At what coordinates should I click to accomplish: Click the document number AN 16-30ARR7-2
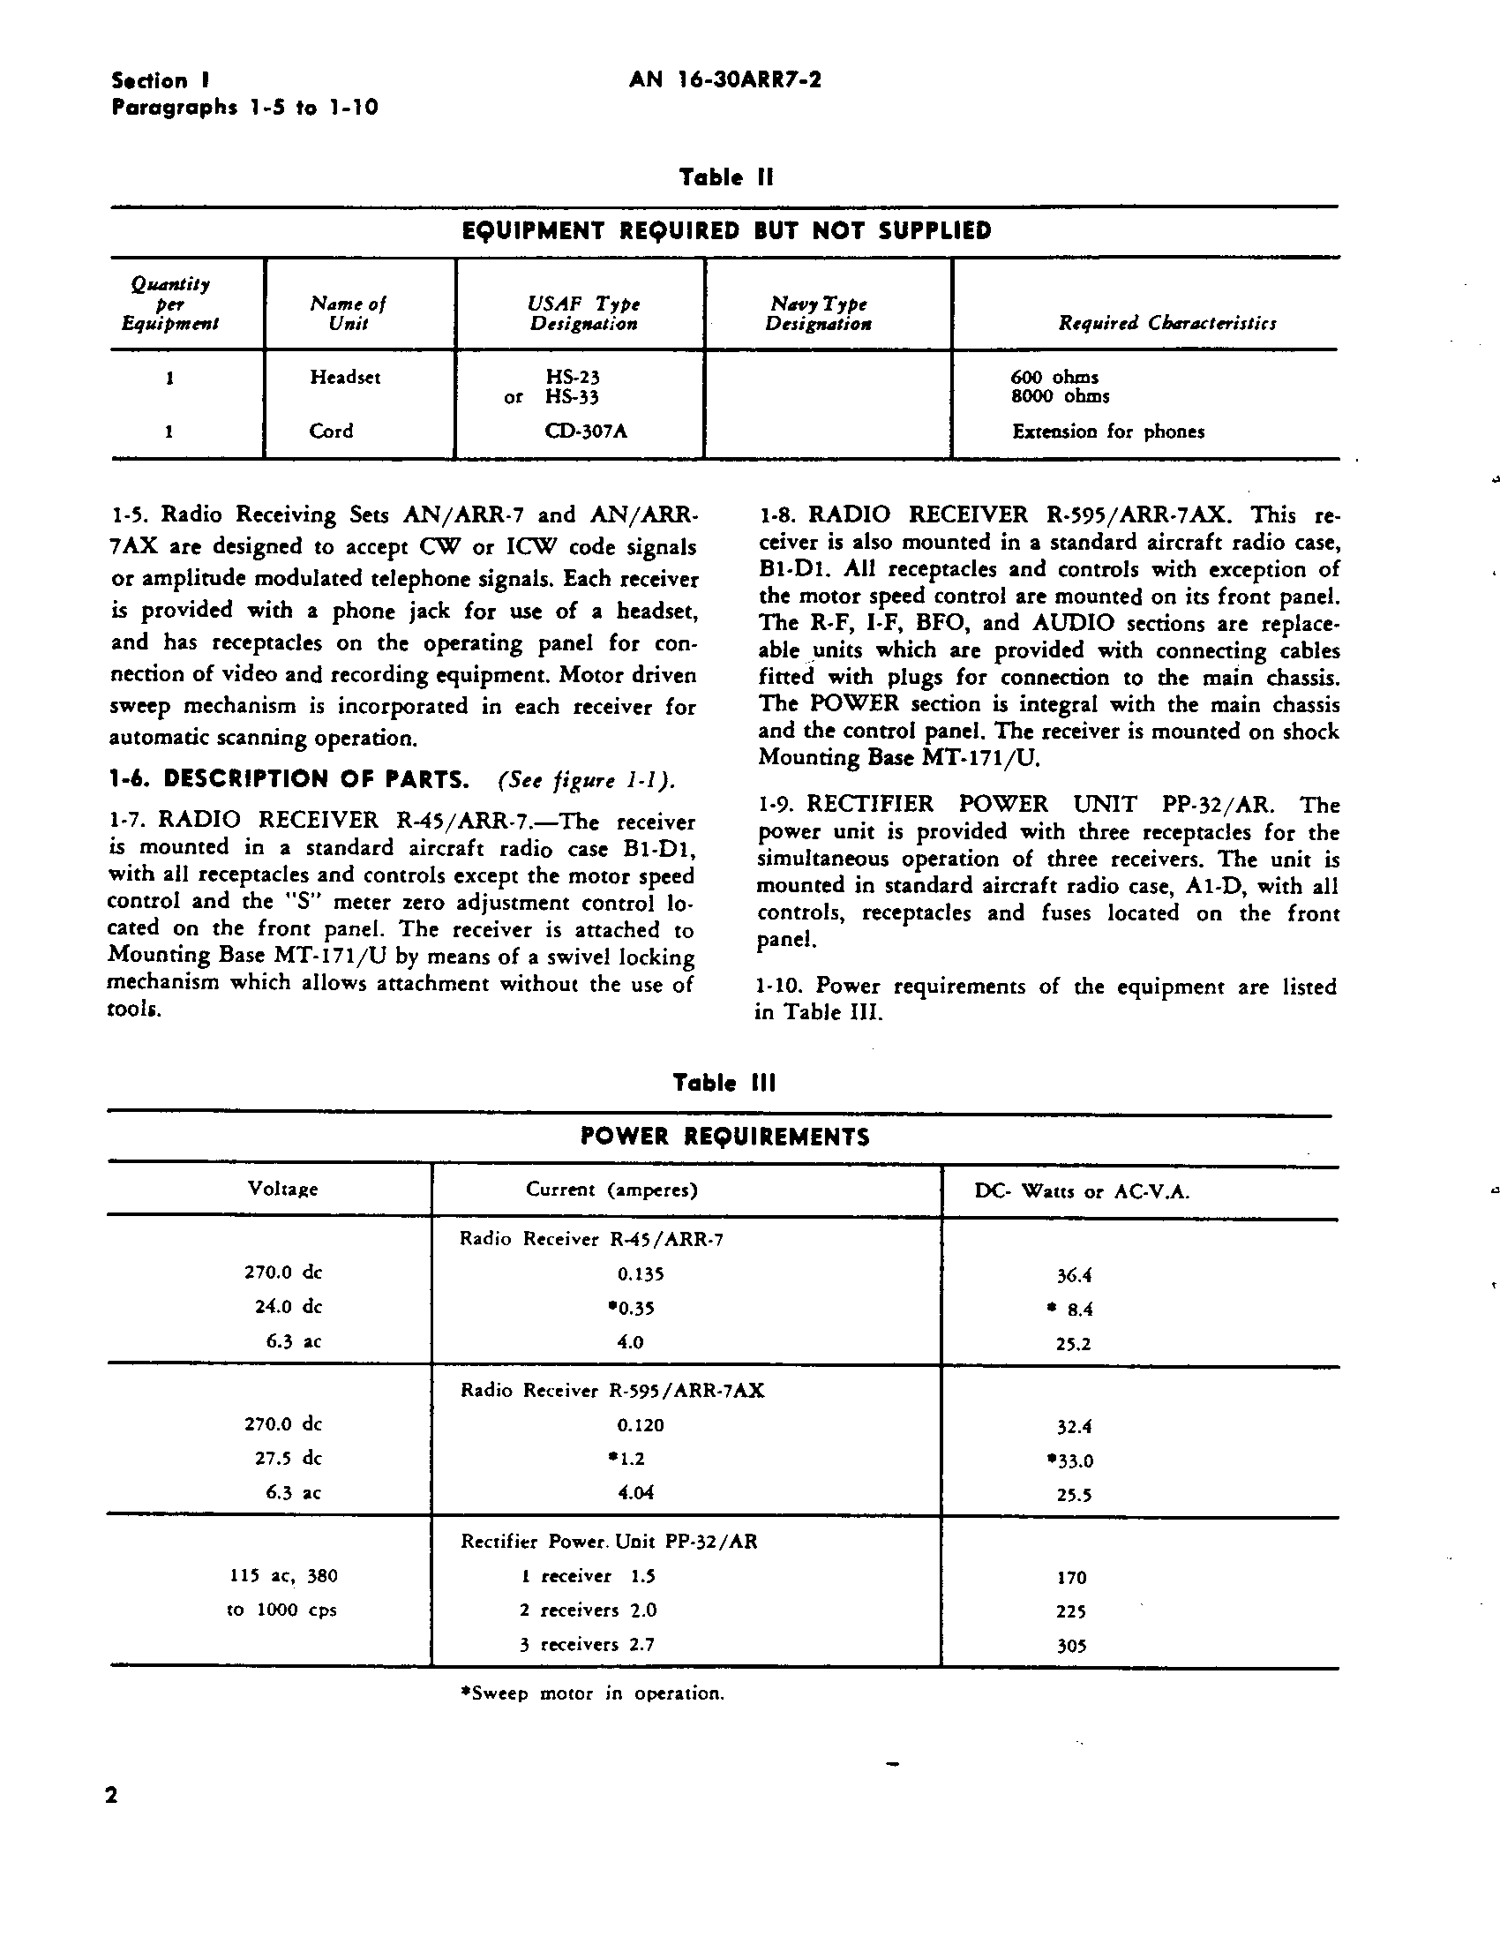724,80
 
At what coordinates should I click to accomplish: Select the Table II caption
725,177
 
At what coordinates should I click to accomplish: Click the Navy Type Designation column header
818,314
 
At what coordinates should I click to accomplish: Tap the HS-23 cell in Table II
572,378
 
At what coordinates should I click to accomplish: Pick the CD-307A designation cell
587,432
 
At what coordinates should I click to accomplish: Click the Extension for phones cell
1108,432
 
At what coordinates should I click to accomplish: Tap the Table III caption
724,1083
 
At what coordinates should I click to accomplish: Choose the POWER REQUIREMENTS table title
724,1137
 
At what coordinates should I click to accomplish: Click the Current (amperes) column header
611,1190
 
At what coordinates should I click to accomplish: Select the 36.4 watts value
1073,1275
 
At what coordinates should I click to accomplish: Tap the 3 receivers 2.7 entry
587,1644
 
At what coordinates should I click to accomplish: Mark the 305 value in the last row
1071,1646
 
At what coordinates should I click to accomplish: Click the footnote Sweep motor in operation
592,1693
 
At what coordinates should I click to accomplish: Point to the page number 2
112,1796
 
